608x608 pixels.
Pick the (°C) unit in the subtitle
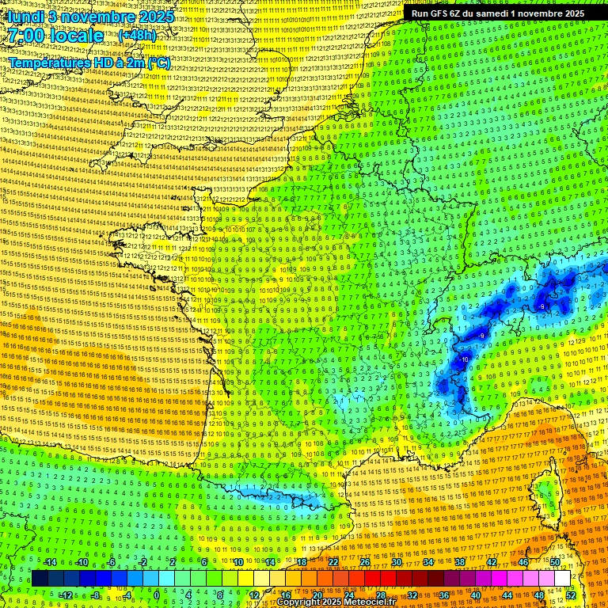[x=158, y=63]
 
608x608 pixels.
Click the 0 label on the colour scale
[x=157, y=595]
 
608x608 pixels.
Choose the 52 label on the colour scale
[x=571, y=595]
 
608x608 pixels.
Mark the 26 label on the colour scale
[x=364, y=562]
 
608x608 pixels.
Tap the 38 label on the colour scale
[x=459, y=562]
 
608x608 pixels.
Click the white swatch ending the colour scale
[x=562, y=579]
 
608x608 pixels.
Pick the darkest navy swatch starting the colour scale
[x=40, y=579]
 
